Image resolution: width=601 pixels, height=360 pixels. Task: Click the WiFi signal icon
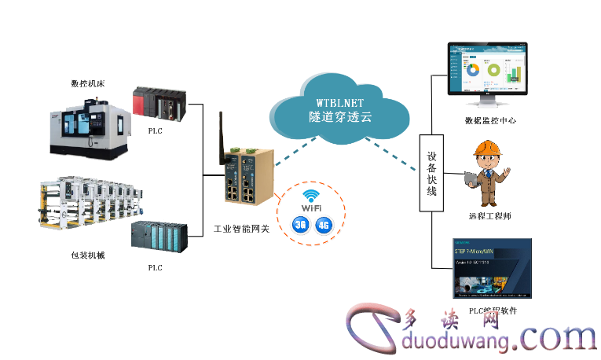click(312, 198)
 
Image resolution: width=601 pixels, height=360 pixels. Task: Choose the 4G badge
click(323, 226)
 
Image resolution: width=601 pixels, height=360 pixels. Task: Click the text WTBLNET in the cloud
click(339, 102)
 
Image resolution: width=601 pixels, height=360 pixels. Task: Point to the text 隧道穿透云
click(339, 116)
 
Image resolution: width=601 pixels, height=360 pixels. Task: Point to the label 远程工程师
click(490, 216)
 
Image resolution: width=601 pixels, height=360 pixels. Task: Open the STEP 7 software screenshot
click(493, 267)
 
